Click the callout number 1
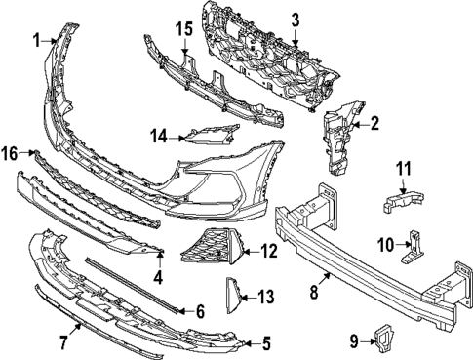tap(35, 40)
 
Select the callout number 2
tap(374, 123)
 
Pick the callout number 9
tap(357, 340)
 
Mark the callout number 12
tap(269, 252)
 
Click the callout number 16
tap(9, 153)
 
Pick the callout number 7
tap(63, 341)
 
